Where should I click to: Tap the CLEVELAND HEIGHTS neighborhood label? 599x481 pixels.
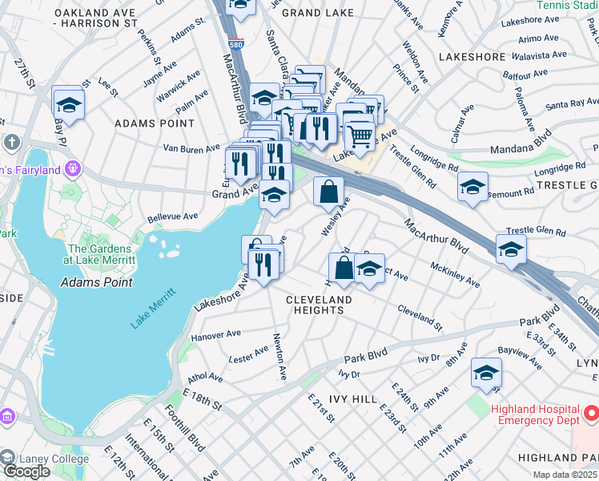320,305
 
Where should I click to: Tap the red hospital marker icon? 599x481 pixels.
591,414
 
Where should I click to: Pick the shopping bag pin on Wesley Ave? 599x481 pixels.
328,192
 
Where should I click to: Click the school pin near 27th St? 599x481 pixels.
69,104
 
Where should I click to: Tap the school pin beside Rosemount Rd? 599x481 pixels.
472,188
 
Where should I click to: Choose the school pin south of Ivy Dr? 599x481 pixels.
485,374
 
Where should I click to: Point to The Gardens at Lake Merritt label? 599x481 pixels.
102,254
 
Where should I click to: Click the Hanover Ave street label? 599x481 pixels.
215,333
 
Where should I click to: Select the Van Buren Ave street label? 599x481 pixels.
191,148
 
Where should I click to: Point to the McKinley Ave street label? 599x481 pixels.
455,273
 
